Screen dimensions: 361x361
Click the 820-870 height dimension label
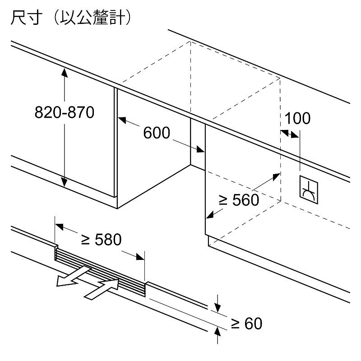pos(65,112)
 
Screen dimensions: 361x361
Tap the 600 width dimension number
pos(157,133)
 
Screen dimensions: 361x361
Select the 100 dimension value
pos(297,118)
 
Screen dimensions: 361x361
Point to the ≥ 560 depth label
pos(239,200)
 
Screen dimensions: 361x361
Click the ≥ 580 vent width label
pos(101,240)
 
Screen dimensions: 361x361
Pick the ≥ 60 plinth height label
pos(246,324)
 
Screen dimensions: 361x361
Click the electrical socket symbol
pos(309,190)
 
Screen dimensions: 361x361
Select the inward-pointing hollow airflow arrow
pos(102,289)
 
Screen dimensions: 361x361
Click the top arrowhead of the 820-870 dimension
pos(65,73)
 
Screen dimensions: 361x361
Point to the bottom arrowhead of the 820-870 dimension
pos(65,182)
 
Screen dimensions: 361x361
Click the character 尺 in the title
pos(19,17)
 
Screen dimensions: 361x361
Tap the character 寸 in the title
pos(35,17)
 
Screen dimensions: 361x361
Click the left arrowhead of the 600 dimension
pos(122,120)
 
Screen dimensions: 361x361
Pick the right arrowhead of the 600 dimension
pos(200,149)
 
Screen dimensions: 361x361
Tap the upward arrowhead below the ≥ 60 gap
pos(218,332)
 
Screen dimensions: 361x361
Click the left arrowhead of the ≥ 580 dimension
pos(60,227)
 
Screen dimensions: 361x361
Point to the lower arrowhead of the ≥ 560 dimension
pos(210,215)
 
